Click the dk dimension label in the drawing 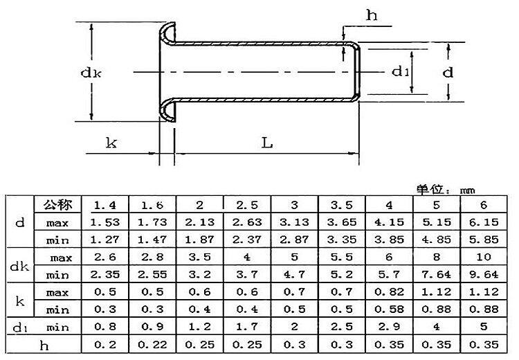(x=91, y=73)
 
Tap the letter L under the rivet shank (x=267, y=143)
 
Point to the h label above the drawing (x=372, y=15)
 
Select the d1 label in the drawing (x=401, y=71)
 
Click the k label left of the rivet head (x=111, y=143)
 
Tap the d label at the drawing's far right (x=448, y=72)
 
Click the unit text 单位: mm (x=446, y=190)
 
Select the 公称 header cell (x=57, y=205)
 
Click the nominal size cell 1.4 (x=105, y=206)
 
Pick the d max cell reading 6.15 (x=484, y=222)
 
